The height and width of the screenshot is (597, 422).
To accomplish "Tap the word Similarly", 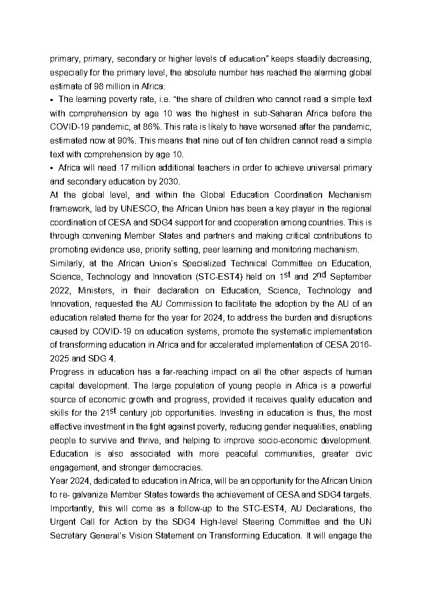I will [x=66, y=263].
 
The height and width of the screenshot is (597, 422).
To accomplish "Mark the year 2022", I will [x=61, y=291].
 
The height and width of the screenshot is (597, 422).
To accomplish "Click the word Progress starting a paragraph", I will [x=67, y=372].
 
